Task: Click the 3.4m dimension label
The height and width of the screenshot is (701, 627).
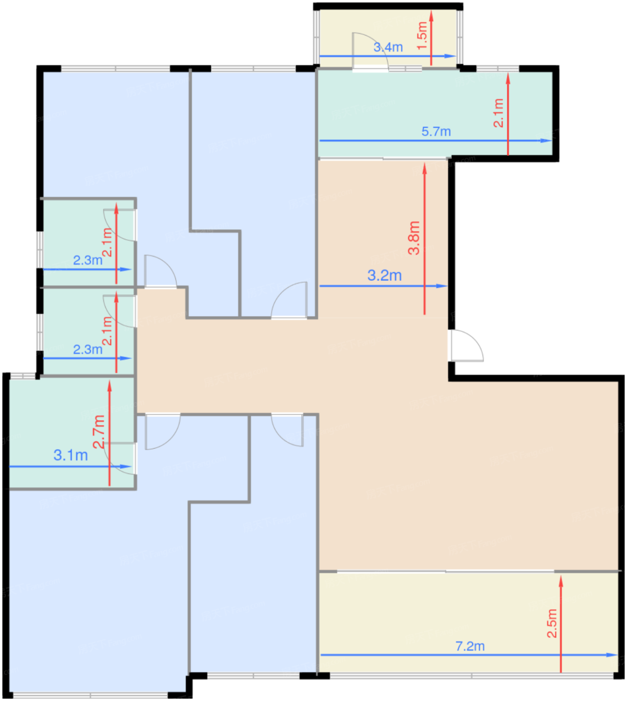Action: coord(388,47)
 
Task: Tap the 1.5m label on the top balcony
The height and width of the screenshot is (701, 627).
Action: coord(422,35)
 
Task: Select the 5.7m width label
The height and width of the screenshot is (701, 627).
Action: coord(436,132)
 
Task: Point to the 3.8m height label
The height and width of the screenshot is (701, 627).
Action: coord(414,238)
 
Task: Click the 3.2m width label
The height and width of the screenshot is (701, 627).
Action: coord(384,275)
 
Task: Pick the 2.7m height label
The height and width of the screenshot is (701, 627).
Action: coord(99,431)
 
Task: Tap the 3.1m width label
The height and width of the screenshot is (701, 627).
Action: coord(71,455)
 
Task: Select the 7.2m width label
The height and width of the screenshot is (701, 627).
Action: coord(470,646)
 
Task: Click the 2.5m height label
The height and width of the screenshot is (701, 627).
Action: coord(551,623)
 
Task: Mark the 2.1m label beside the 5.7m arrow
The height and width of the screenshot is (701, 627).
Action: coord(498,113)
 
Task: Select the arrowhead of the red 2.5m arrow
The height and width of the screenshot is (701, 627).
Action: coord(561,581)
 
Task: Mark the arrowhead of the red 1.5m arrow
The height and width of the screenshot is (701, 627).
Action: coord(431,14)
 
